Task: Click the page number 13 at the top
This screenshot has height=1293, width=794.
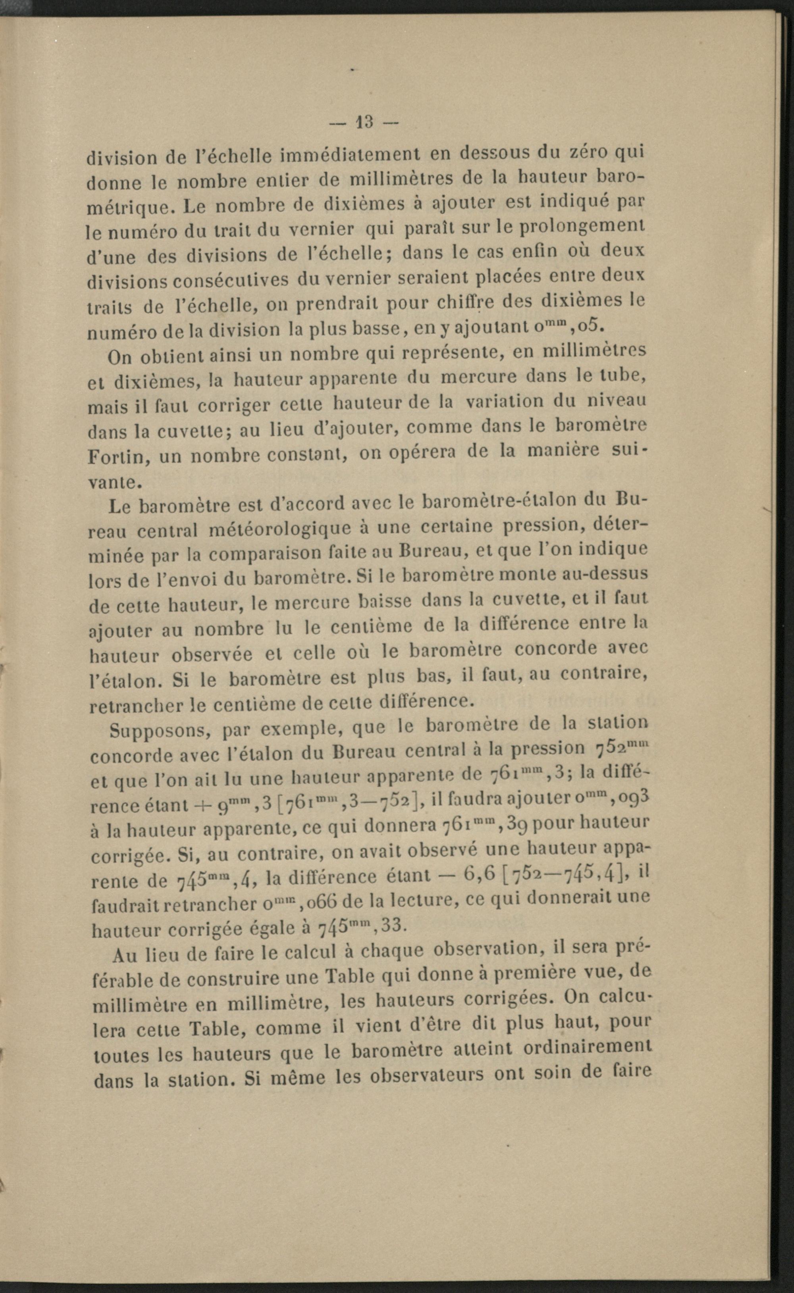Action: point(363,122)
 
